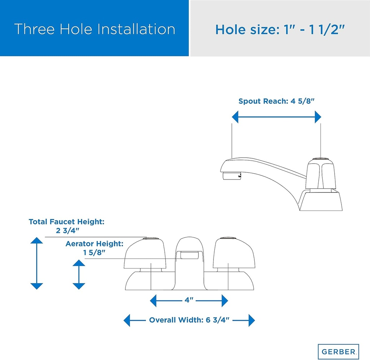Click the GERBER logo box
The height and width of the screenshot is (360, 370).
click(x=338, y=351)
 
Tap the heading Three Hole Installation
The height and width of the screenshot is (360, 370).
click(x=95, y=29)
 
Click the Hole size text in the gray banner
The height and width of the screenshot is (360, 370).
click(x=280, y=30)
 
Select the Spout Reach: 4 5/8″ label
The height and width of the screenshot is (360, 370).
click(x=276, y=101)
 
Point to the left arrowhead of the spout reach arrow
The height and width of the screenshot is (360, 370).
click(x=235, y=117)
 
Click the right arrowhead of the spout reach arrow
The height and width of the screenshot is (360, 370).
click(x=318, y=117)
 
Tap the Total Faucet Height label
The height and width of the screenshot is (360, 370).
click(x=66, y=226)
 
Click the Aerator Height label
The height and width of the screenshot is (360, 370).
click(x=94, y=248)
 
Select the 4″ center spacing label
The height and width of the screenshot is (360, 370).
click(x=189, y=300)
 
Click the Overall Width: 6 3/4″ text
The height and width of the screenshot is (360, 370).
click(x=189, y=320)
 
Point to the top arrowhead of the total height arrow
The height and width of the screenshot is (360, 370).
click(x=36, y=240)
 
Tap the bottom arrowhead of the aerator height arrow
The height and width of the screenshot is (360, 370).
click(x=79, y=286)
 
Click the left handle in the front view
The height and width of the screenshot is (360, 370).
click(x=145, y=253)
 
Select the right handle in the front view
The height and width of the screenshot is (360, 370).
click(x=234, y=253)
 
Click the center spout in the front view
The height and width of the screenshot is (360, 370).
click(x=189, y=262)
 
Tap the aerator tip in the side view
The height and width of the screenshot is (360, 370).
click(x=232, y=176)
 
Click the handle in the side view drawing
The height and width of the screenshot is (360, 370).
click(x=321, y=174)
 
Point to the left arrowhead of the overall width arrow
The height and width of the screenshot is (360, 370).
click(x=127, y=320)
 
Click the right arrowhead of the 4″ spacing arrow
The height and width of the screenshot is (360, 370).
click(x=225, y=301)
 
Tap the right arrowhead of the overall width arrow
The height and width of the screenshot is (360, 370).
click(x=252, y=320)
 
